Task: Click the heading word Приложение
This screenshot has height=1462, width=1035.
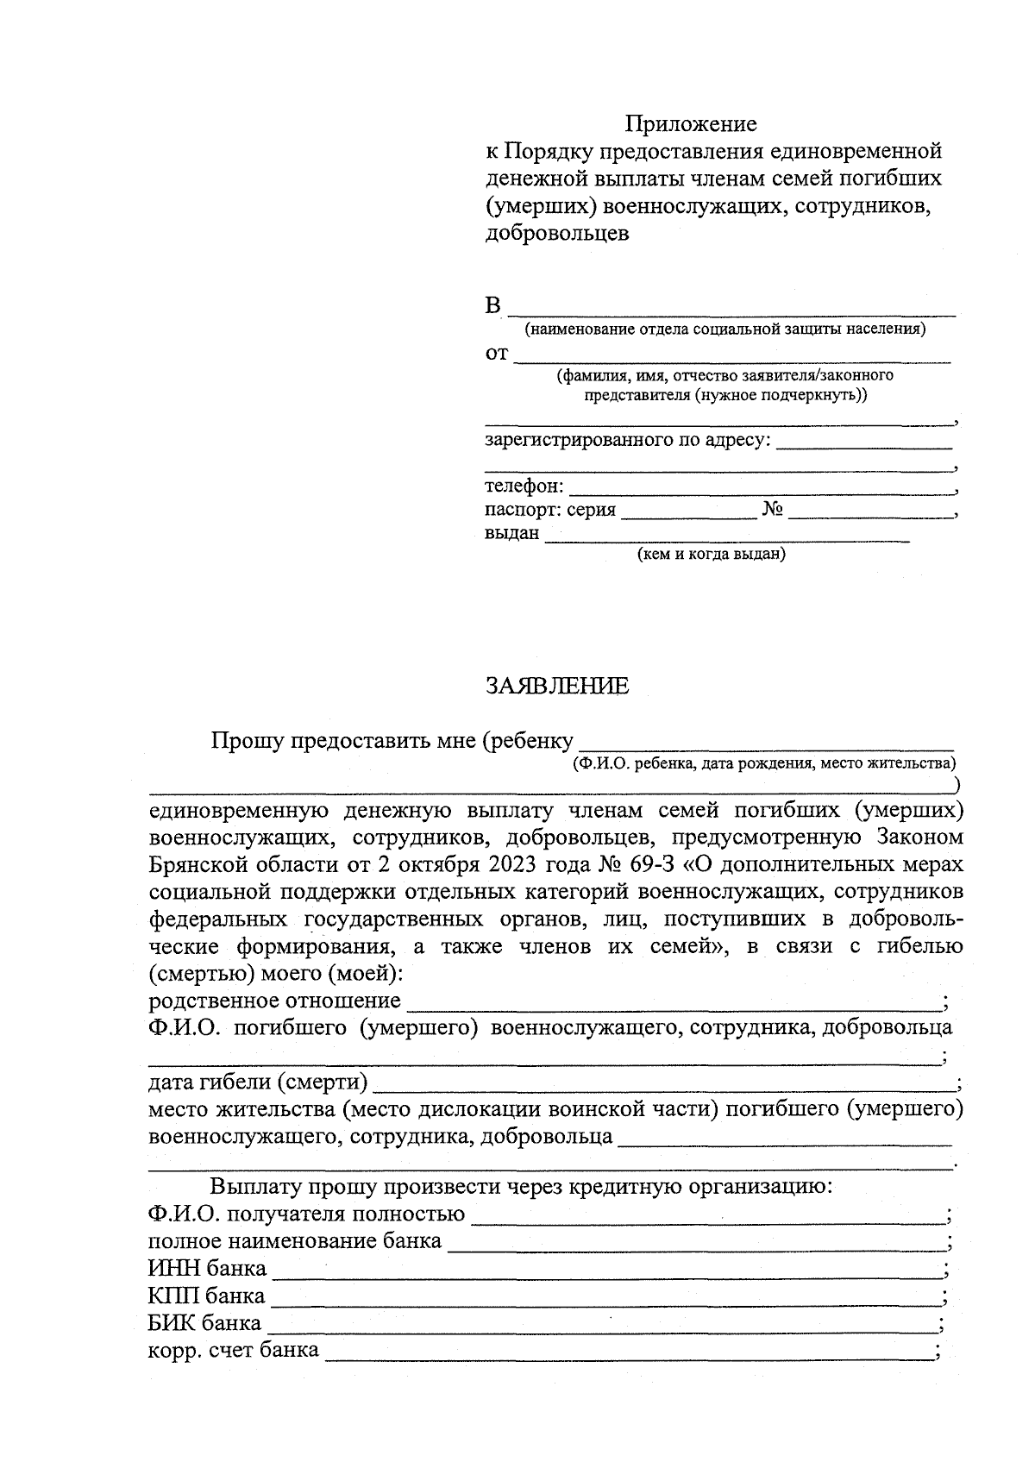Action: (691, 124)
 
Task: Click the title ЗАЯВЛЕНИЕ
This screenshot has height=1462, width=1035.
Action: (557, 687)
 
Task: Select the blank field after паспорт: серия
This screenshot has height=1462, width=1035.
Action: (688, 511)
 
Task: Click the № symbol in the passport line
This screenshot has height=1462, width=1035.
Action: (772, 510)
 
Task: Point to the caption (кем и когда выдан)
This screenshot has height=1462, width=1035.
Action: (711, 554)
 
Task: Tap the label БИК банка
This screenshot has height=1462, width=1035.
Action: (204, 1323)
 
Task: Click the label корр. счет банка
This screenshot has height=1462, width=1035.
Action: (233, 1350)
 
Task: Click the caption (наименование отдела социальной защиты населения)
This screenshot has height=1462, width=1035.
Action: (725, 329)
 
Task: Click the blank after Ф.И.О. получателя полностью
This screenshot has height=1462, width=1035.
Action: (707, 1215)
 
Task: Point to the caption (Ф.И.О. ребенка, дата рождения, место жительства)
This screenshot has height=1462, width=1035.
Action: (764, 763)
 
